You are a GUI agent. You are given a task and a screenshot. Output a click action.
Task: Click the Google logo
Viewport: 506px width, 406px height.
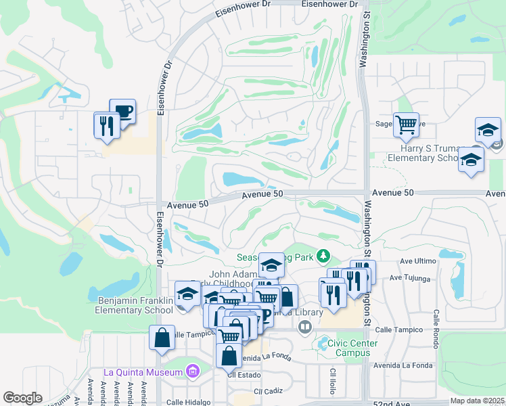pyautogui.click(x=22, y=398)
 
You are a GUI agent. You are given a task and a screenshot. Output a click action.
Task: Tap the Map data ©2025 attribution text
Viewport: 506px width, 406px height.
pyautogui.click(x=477, y=401)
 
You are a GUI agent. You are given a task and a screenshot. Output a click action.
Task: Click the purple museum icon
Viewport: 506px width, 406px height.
pyautogui.click(x=193, y=371)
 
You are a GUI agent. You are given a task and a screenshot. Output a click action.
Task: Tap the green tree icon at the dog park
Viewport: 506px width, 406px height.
pyautogui.click(x=324, y=256)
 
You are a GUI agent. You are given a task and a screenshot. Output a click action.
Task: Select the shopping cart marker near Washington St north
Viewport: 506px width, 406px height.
pyautogui.click(x=406, y=124)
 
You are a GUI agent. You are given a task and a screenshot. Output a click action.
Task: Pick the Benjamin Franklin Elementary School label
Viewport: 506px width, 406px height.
pyautogui.click(x=135, y=305)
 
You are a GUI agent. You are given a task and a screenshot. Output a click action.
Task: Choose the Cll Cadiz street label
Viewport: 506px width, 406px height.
pyautogui.click(x=267, y=391)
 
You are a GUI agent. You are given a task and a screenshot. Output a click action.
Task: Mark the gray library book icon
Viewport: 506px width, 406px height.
pyautogui.click(x=304, y=328)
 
